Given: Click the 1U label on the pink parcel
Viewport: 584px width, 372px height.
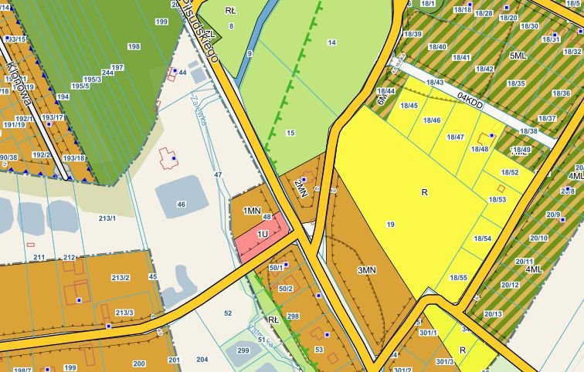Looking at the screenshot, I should click(263, 233).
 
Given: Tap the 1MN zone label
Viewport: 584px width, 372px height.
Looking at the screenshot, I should click(252, 211).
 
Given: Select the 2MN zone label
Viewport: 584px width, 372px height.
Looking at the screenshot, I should click(301, 188).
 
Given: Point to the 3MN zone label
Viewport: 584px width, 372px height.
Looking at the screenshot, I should click(367, 270).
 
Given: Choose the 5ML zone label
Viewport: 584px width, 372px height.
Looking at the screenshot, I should click(518, 56).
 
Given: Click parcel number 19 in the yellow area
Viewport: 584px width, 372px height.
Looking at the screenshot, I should click(390, 225).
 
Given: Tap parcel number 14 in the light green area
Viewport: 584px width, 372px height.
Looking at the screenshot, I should click(332, 42).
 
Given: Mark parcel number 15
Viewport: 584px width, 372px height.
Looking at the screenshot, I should click(290, 134).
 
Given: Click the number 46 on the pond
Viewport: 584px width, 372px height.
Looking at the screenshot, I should click(182, 205).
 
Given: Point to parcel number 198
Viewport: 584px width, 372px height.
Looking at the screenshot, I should click(134, 47).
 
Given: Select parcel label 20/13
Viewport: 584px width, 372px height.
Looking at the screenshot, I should click(493, 314).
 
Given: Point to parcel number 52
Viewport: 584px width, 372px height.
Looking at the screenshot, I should click(228, 313).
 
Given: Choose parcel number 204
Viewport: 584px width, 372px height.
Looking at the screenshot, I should click(202, 360).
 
